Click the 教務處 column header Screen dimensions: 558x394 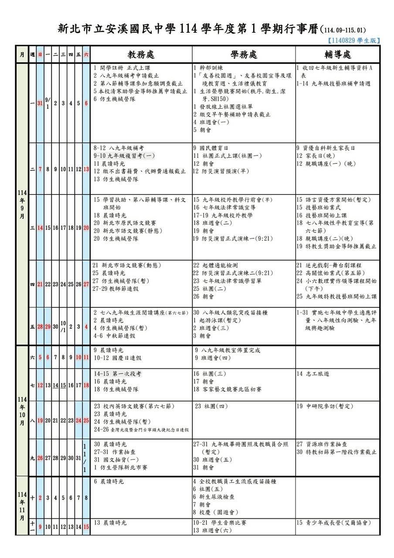tap(141, 54)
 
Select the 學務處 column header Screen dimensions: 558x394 tap(244, 54)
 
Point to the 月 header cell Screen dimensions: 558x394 tap(22, 54)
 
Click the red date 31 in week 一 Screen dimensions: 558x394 tap(40, 103)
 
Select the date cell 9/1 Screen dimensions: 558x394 tap(48, 103)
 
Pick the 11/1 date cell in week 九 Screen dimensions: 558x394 tap(86, 457)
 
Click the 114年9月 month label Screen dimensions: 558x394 tap(22, 204)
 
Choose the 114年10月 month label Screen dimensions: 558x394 tap(22, 411)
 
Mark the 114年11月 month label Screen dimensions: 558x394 tap(22, 505)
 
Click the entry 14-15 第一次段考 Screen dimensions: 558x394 tap(118, 374)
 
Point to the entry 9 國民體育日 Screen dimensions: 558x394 tap(211, 148)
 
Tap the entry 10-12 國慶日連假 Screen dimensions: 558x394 tap(118, 358)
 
